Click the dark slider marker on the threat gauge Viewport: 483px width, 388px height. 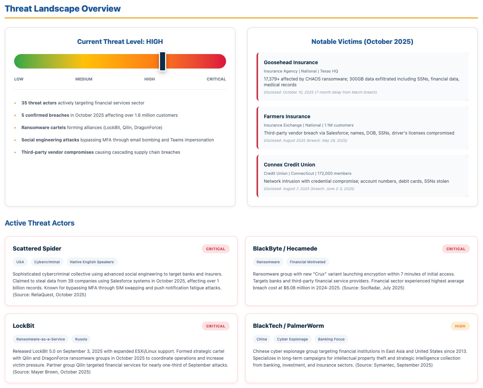pos(163,61)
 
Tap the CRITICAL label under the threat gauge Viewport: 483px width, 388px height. pos(216,79)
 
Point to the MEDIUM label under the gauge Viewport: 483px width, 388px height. pos(84,79)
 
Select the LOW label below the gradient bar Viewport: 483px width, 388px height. pos(19,79)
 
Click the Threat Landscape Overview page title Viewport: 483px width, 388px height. pos(63,9)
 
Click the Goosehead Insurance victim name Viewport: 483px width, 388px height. pos(291,62)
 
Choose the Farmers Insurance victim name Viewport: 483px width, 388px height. pos(287,116)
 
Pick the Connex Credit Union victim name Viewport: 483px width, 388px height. pos(289,165)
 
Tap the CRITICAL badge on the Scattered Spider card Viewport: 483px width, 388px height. pos(216,249)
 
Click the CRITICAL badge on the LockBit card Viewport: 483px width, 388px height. pos(216,326)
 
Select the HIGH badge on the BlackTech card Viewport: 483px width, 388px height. pos(460,326)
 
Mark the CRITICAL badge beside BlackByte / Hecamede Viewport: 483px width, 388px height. pos(456,249)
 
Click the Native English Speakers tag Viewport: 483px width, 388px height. pos(92,262)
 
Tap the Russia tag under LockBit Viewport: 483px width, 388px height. pos(81,339)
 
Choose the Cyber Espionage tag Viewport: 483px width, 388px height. pos(292,339)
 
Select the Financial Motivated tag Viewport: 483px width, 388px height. pos(307,262)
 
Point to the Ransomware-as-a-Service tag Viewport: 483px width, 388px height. pos(41,339)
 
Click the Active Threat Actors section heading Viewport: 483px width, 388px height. pos(40,223)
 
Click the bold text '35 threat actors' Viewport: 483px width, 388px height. pos(39,103)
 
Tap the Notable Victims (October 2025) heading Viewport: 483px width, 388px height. pos(362,42)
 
